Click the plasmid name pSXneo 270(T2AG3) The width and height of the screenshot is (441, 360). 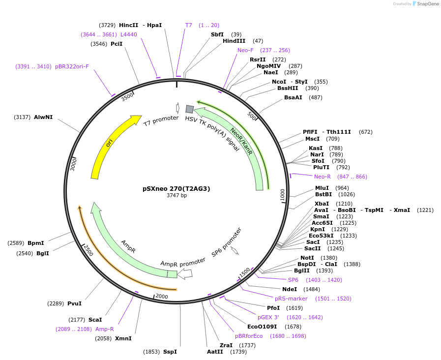[176, 188]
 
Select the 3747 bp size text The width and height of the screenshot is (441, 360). [176, 196]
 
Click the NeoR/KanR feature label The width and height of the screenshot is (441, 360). [241, 142]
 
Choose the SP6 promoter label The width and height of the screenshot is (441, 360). [227, 242]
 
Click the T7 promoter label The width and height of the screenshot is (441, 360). [161, 120]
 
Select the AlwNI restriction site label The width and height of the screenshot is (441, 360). [43, 117]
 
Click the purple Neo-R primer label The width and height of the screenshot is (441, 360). [323, 177]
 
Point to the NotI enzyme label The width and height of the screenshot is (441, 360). [307, 258]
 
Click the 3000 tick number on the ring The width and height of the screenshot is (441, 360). [73, 164]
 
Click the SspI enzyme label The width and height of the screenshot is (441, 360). [170, 352]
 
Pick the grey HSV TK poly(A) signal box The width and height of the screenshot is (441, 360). [189, 109]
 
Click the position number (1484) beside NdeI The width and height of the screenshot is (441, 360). [312, 289]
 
